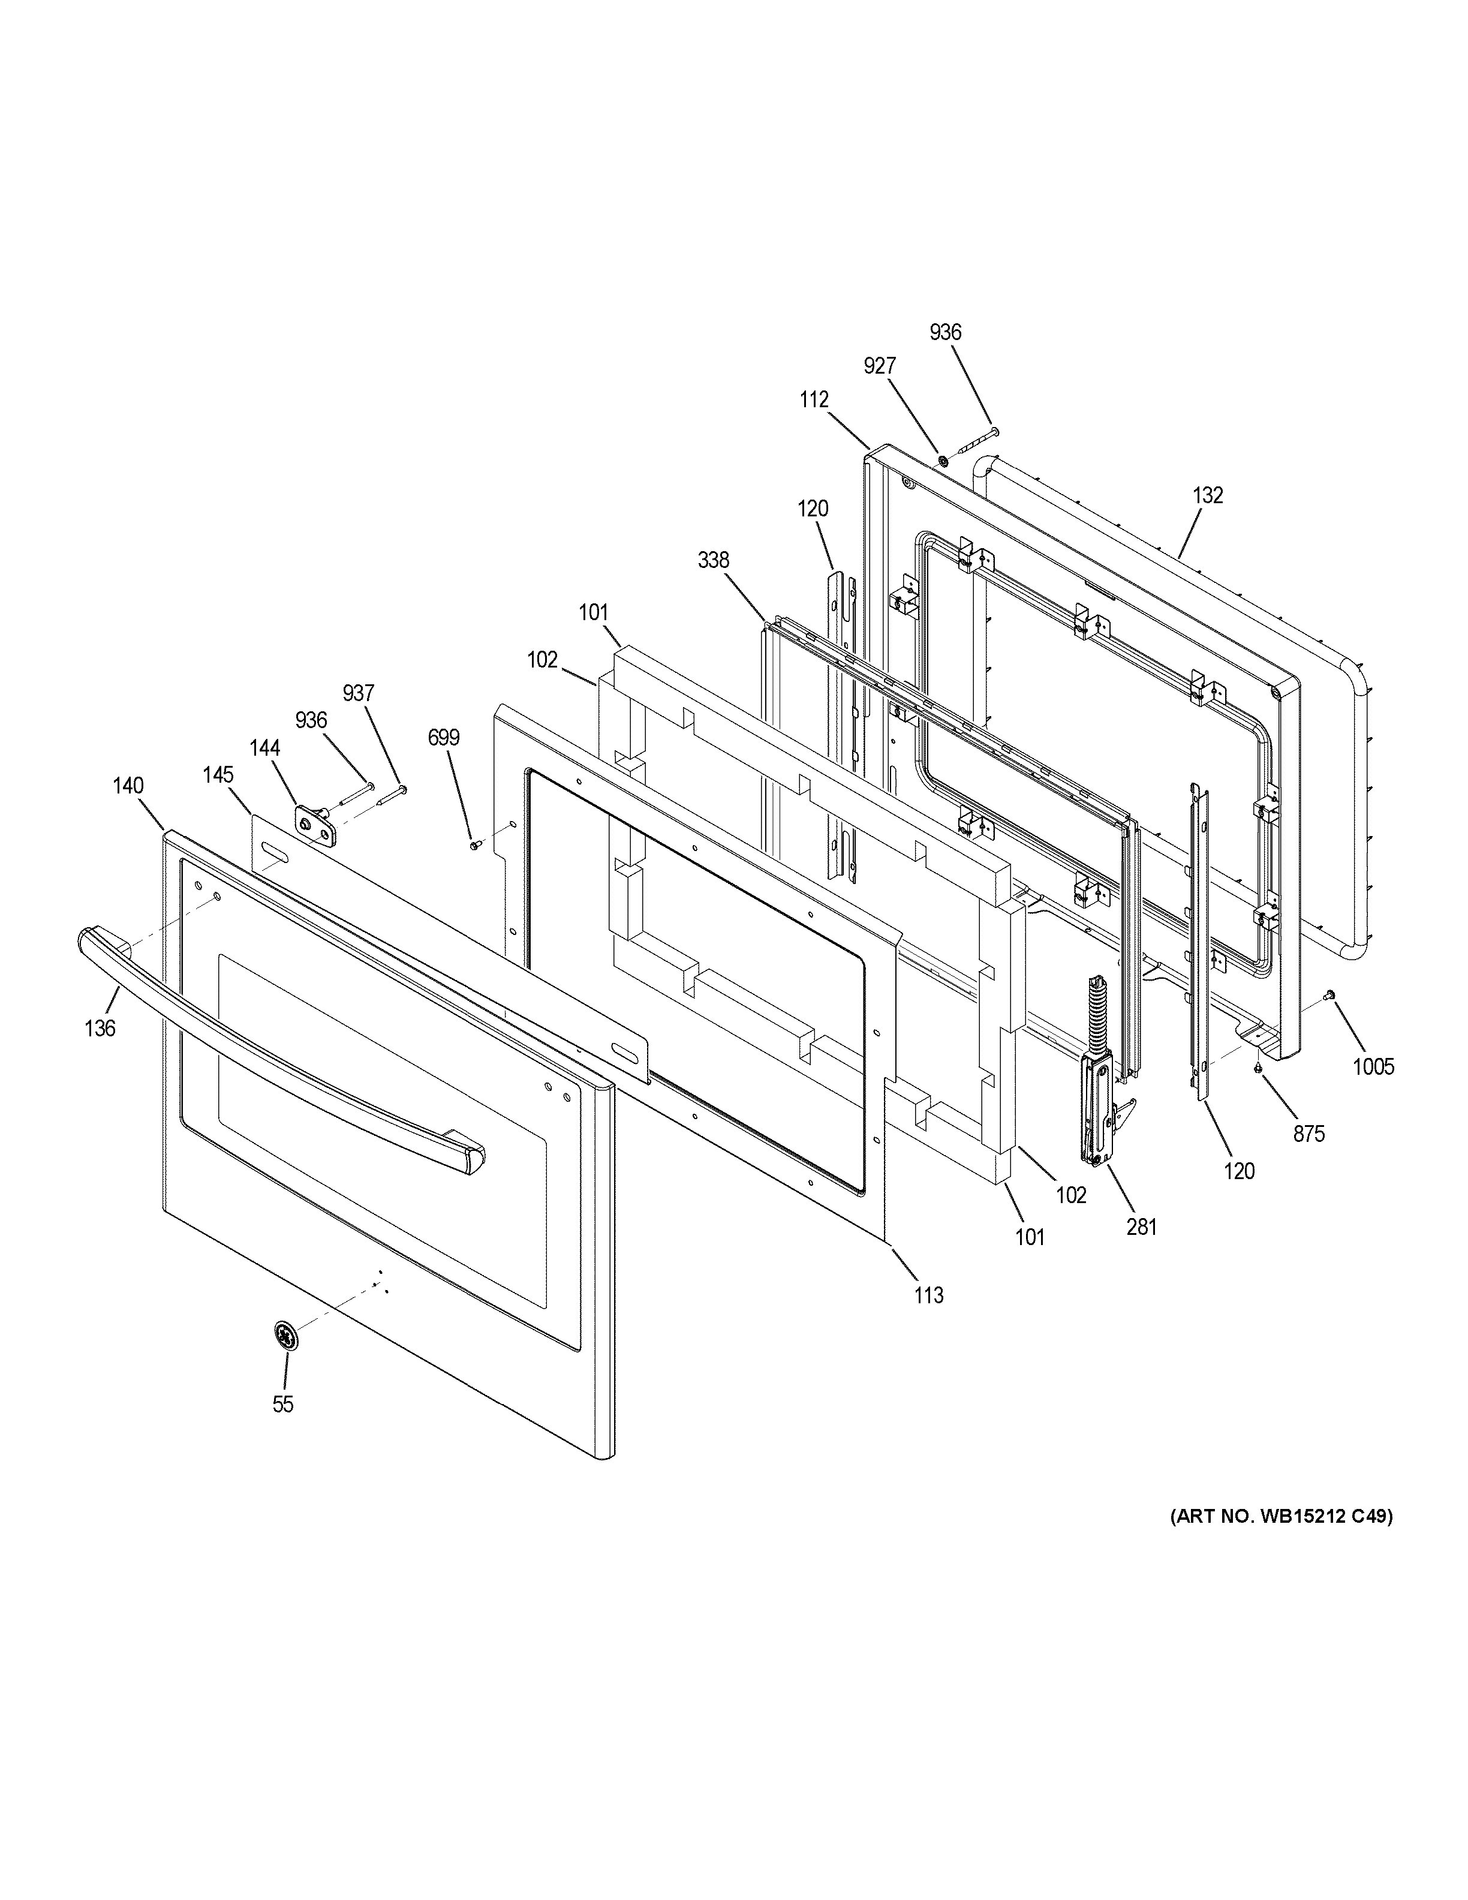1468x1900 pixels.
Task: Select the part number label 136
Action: [100, 1029]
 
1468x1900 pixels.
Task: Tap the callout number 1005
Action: [1373, 1066]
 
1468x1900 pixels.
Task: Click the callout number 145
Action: [219, 774]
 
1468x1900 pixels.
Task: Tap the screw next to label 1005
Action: [1329, 994]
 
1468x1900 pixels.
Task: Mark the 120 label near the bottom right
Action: [1240, 1171]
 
